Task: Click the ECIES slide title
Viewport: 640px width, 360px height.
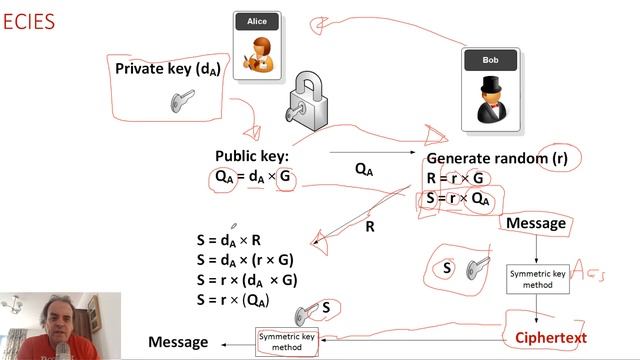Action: point(28,21)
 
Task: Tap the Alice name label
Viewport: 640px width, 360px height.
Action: point(256,21)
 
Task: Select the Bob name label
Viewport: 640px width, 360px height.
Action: point(490,60)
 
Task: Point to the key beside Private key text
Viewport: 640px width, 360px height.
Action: point(182,99)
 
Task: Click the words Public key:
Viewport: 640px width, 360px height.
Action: point(251,156)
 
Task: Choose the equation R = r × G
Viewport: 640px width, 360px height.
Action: point(455,178)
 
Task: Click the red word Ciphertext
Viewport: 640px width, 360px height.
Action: point(551,338)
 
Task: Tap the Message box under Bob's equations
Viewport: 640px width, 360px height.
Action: point(536,223)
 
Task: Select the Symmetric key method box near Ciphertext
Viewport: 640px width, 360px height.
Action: point(539,279)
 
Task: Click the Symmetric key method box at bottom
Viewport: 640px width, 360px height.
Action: point(287,342)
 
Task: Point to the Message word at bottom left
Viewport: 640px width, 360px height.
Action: point(178,342)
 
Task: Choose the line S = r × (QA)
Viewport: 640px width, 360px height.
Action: point(233,300)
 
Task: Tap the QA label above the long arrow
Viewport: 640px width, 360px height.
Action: point(364,170)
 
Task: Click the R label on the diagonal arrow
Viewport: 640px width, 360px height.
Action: point(369,227)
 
